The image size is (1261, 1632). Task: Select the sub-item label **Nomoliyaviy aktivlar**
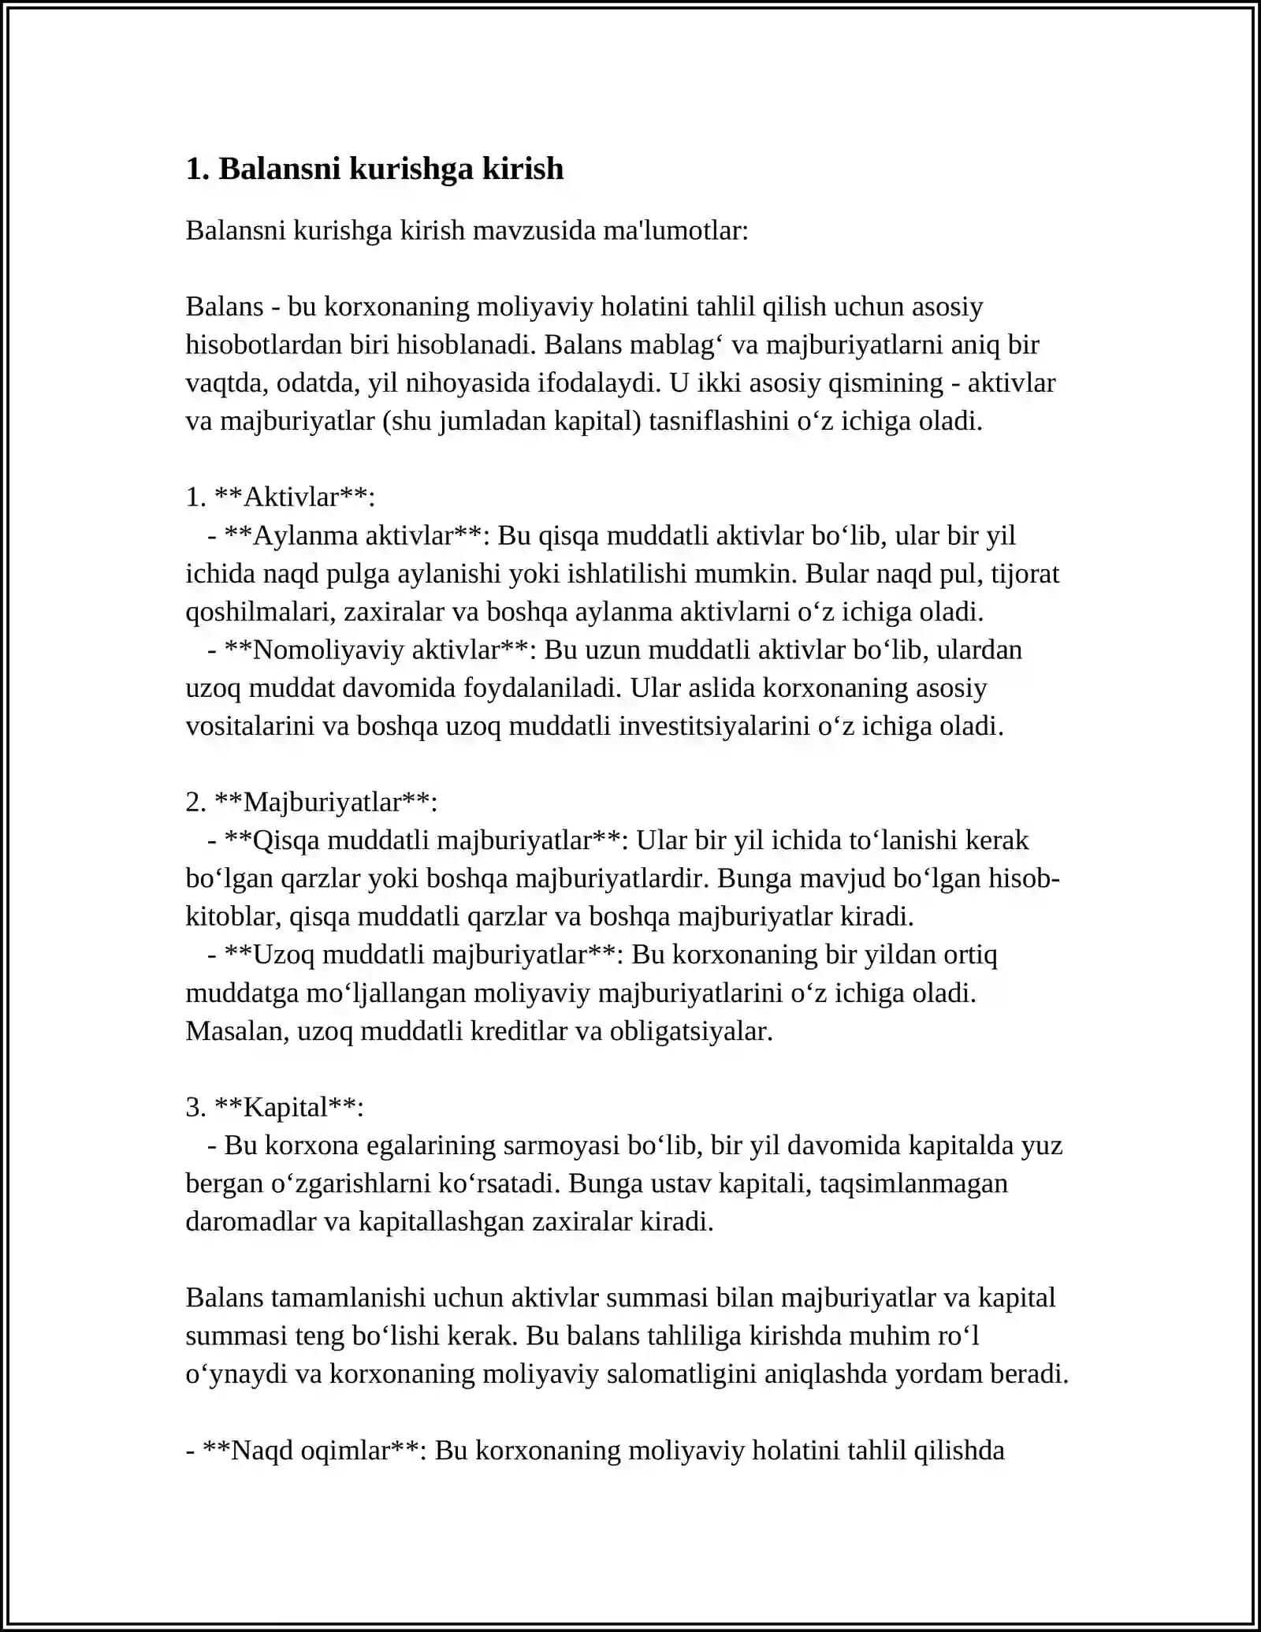[376, 650]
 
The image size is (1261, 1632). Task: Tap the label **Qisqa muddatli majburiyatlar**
[423, 840]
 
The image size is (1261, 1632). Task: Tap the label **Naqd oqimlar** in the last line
[314, 1450]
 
